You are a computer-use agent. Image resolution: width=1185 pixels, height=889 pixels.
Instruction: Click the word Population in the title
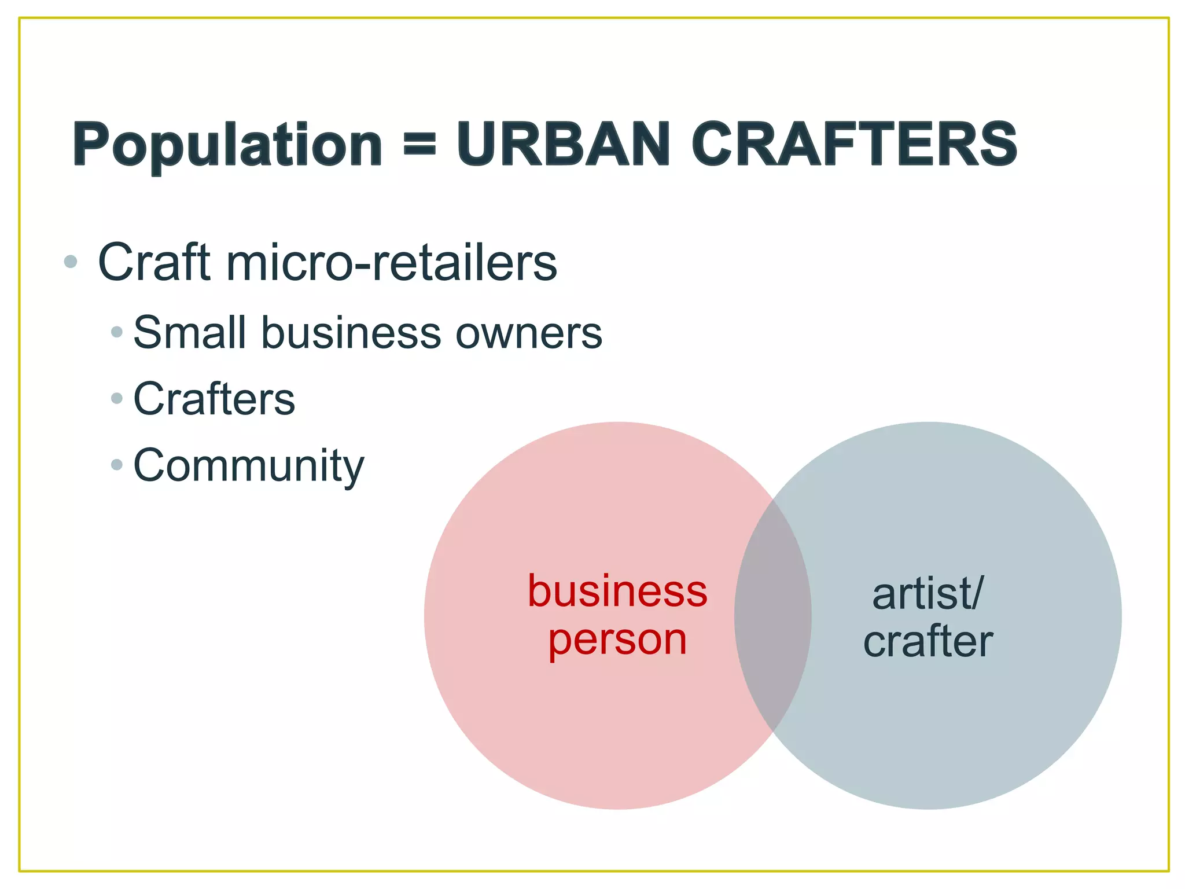[227, 145]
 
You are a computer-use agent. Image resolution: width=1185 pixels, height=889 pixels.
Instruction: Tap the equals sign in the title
[419, 144]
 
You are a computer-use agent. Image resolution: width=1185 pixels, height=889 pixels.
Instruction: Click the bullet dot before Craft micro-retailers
[71, 262]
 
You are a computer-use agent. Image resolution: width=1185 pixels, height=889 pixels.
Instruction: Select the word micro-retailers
[392, 262]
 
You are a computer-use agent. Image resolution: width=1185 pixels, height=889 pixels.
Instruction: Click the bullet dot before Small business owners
[117, 332]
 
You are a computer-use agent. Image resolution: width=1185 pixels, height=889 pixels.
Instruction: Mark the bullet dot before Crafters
[117, 398]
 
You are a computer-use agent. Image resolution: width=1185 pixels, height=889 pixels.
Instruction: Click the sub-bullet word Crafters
[214, 399]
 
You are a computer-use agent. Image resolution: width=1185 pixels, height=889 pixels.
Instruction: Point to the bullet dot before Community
[117, 464]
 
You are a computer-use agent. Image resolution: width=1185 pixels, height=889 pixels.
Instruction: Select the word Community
[249, 466]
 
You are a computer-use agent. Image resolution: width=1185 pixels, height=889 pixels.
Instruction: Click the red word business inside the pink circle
[617, 591]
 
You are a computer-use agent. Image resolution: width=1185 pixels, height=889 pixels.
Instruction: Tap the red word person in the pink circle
[617, 640]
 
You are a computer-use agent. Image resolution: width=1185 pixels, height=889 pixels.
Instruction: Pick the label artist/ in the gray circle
[928, 594]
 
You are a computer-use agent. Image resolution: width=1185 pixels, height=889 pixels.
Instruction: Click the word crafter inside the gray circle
[928, 641]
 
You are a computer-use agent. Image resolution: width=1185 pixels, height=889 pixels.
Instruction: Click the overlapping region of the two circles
[773, 616]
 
